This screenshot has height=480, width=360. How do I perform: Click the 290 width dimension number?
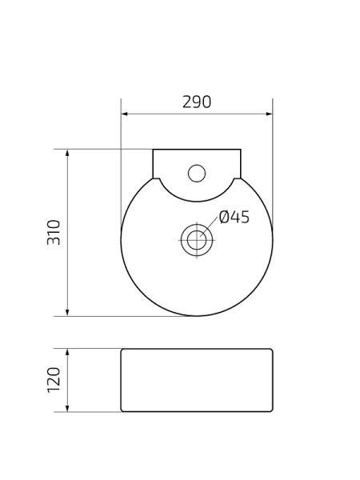click(x=197, y=102)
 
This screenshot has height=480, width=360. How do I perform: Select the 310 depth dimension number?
click(x=54, y=232)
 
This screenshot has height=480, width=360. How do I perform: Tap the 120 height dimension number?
click(x=54, y=380)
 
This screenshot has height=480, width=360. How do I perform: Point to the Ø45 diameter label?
click(x=234, y=217)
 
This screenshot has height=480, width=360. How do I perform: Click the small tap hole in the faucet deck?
click(x=197, y=172)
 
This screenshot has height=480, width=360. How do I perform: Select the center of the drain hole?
click(x=197, y=239)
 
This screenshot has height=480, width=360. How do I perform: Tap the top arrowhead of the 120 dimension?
click(x=67, y=352)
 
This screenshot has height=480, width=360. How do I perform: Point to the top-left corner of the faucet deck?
click(x=153, y=149)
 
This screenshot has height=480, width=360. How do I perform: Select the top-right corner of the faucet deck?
click(x=241, y=149)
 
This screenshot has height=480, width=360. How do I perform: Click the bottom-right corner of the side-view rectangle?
click(x=272, y=411)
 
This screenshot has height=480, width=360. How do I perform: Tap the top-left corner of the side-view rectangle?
click(x=122, y=349)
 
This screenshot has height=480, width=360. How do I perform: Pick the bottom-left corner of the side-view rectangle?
click(x=122, y=411)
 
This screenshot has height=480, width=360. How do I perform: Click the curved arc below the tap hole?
click(x=197, y=201)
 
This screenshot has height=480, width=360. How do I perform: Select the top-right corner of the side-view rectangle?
click(x=272, y=349)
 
